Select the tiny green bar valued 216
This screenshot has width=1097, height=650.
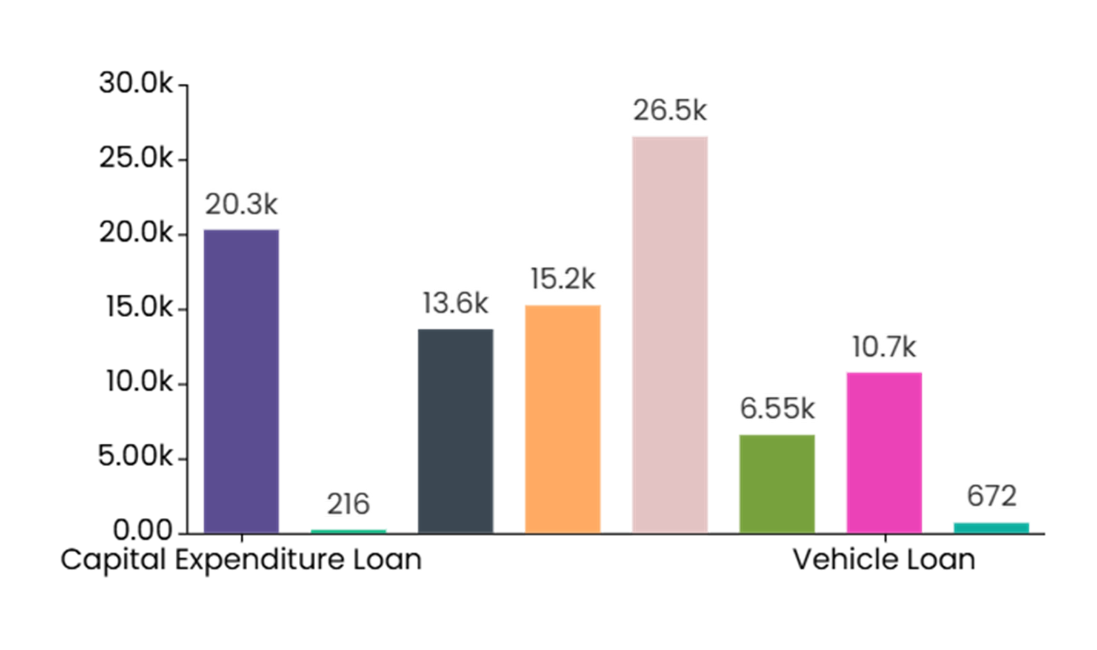click(x=348, y=531)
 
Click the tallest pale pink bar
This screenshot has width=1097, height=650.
click(x=670, y=335)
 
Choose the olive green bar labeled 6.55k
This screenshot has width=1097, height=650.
click(x=777, y=483)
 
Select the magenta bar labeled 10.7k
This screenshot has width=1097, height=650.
click(x=884, y=452)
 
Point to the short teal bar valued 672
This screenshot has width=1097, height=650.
click(x=992, y=528)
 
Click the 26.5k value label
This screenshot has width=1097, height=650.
click(x=670, y=111)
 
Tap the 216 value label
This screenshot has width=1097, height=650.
click(x=348, y=504)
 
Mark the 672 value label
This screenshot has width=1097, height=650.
click(x=992, y=497)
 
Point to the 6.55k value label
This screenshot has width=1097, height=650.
click(x=777, y=409)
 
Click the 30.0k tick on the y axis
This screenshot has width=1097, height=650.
click(x=136, y=84)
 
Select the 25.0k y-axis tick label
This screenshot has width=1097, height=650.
click(x=136, y=158)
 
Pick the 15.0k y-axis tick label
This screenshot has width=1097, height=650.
click(x=139, y=308)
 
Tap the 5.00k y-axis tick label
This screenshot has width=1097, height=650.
click(x=136, y=457)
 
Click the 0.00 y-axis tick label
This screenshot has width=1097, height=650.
click(x=143, y=531)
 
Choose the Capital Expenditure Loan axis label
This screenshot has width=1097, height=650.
click(x=241, y=560)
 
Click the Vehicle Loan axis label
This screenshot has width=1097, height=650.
click(x=884, y=560)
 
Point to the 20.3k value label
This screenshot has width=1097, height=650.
click(x=241, y=205)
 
